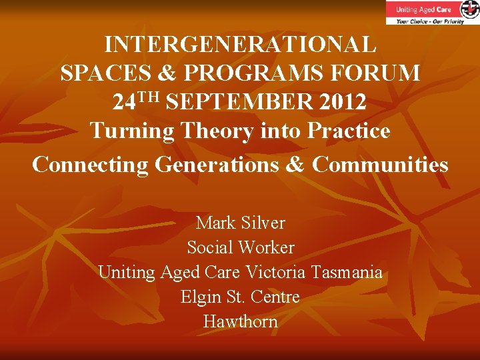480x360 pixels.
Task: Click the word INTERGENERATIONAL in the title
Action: [240, 45]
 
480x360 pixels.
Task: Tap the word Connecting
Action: [89, 164]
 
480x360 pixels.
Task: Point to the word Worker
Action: [266, 247]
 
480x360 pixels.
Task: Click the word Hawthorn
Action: [240, 321]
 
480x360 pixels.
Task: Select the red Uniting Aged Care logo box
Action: [424, 10]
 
